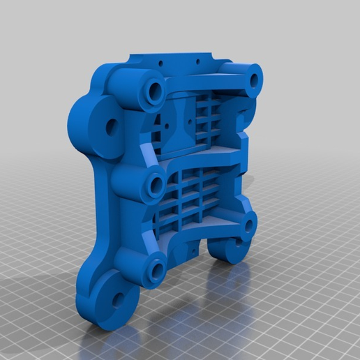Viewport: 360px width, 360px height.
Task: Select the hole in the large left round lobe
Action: click(110, 126)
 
